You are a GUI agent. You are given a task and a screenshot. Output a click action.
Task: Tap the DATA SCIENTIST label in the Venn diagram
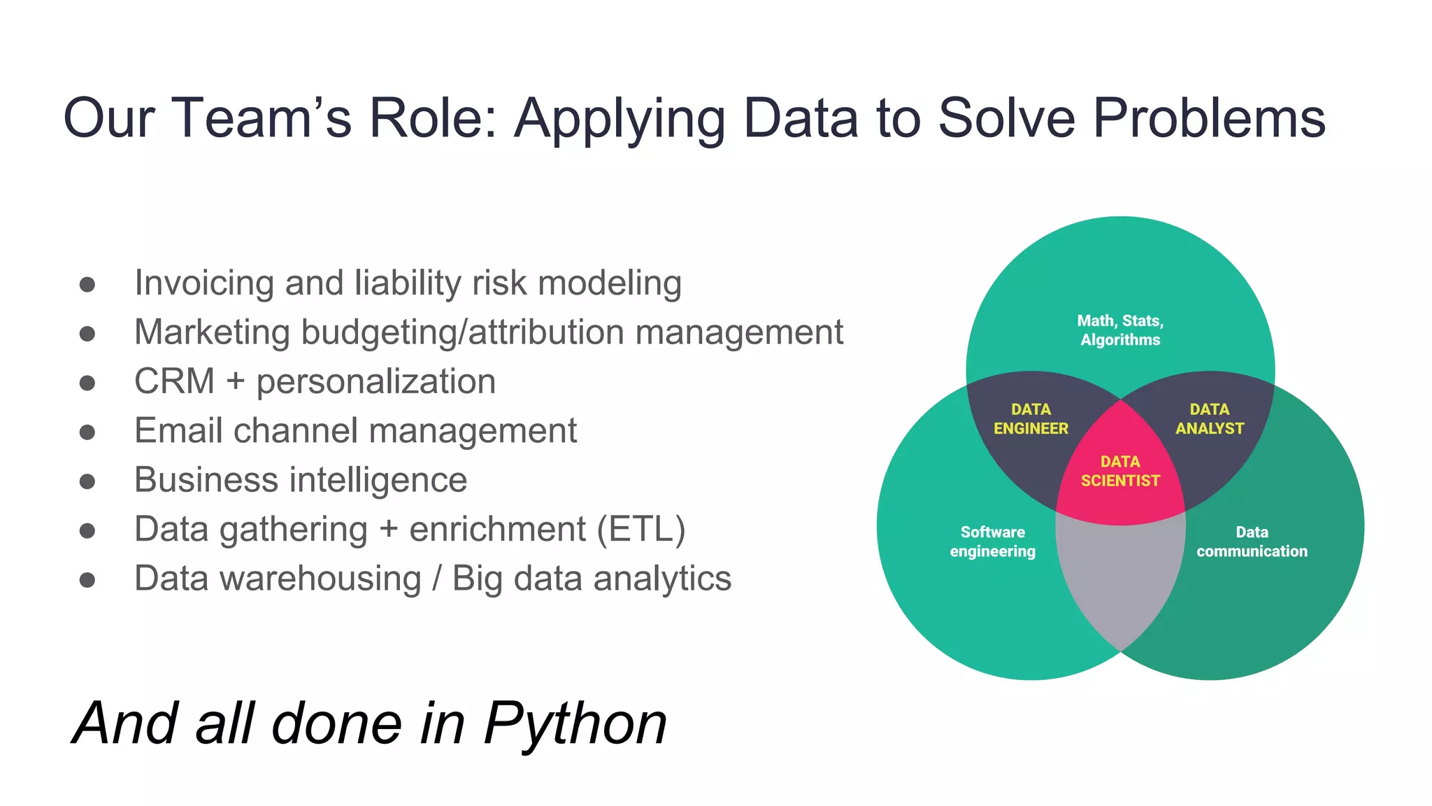pos(1120,471)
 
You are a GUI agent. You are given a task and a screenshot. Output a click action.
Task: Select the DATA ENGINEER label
pos(1031,418)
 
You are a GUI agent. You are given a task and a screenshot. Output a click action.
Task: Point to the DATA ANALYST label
pos(1210,418)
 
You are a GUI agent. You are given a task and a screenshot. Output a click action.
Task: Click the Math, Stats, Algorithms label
pos(1120,330)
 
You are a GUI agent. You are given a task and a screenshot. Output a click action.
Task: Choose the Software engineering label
pos(992,542)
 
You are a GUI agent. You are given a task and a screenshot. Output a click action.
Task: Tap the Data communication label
pos(1252,542)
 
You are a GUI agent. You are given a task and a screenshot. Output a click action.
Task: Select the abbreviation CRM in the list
pos(174,382)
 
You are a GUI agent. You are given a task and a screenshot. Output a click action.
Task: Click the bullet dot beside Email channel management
pos(87,432)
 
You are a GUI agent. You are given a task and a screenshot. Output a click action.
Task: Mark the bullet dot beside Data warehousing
pos(87,580)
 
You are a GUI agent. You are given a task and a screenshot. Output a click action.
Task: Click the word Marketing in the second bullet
pos(212,332)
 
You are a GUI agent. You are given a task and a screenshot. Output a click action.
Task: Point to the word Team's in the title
pos(261,118)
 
